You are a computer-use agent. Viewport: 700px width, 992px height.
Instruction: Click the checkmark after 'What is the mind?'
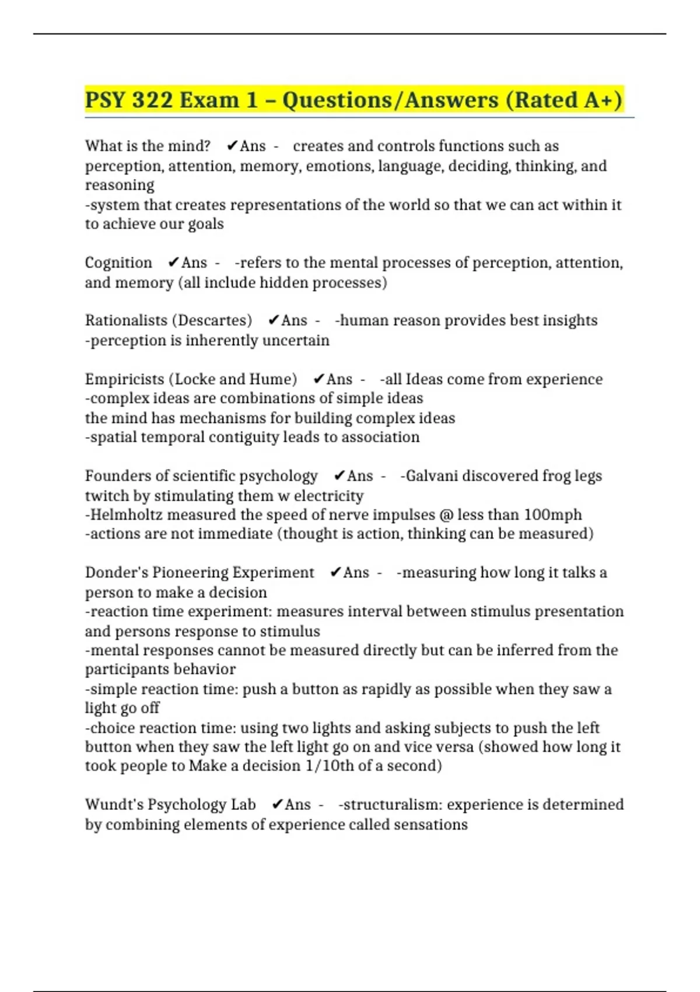(232, 145)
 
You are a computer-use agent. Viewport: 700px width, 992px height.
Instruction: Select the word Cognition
(118, 263)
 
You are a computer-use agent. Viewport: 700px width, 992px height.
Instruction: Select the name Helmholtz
(126, 515)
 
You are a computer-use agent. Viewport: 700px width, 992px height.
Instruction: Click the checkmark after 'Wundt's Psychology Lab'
(278, 804)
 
